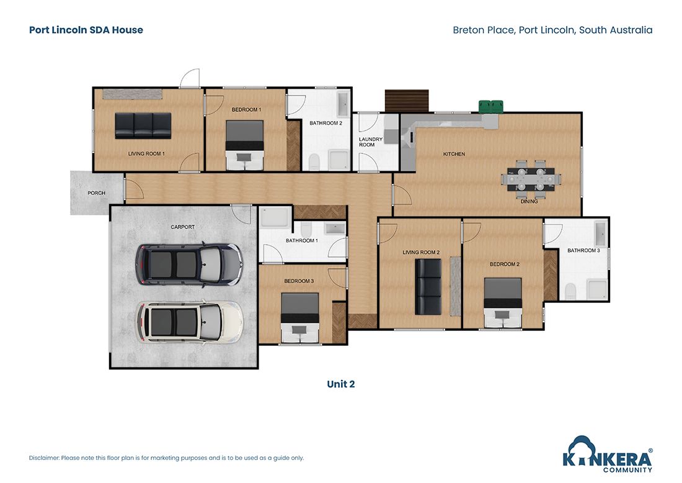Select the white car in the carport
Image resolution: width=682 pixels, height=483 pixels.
pos(189,321)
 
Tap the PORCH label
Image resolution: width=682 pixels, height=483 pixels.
pos(96,193)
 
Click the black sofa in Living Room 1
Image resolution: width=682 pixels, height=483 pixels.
pos(143,125)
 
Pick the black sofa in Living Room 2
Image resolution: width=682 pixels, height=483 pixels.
pos(427,286)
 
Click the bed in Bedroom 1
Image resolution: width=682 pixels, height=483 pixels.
pos(245,144)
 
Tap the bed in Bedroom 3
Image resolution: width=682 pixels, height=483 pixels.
pos(300,317)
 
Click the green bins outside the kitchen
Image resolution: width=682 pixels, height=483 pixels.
pos(491,107)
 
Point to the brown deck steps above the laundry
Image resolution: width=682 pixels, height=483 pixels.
pos(407,100)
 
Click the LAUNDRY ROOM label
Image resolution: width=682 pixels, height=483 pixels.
pos(370,142)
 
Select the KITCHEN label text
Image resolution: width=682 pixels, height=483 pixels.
pos(453,154)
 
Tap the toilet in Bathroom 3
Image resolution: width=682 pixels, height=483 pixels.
pos(570,291)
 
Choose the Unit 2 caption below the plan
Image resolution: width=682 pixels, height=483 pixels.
pos(340,384)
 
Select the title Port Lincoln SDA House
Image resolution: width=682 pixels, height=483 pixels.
pos(86,30)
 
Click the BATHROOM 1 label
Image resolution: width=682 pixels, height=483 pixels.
pos(302,240)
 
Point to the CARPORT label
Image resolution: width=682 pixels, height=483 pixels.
pos(182,227)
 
